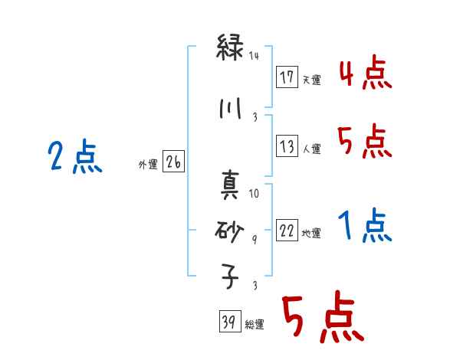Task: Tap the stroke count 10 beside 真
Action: [x=255, y=193]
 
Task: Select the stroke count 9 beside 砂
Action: [x=255, y=239]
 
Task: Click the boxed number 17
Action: [x=287, y=77]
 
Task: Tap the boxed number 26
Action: [x=174, y=162]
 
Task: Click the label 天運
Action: [x=311, y=80]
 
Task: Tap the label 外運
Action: [x=147, y=164]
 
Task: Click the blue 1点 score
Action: [x=364, y=227]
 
